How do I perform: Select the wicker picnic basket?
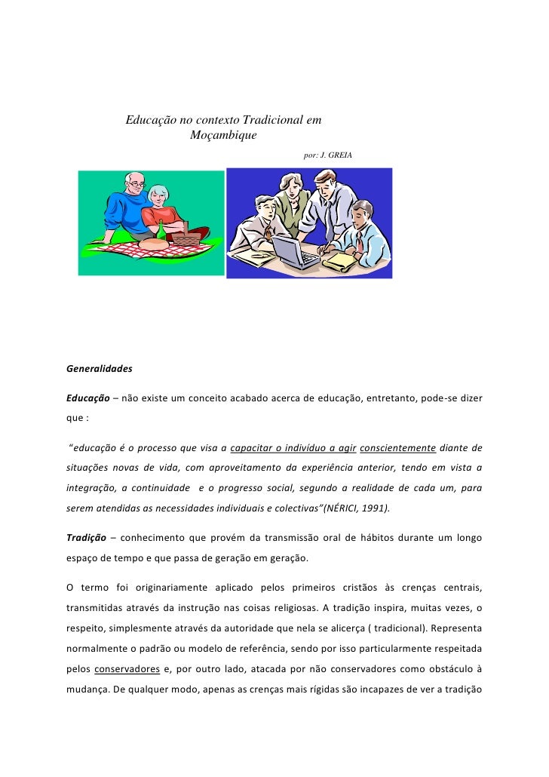[x=188, y=239]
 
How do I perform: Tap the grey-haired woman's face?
[x=160, y=198]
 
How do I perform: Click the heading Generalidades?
[x=100, y=370]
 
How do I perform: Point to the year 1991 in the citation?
[x=373, y=508]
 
